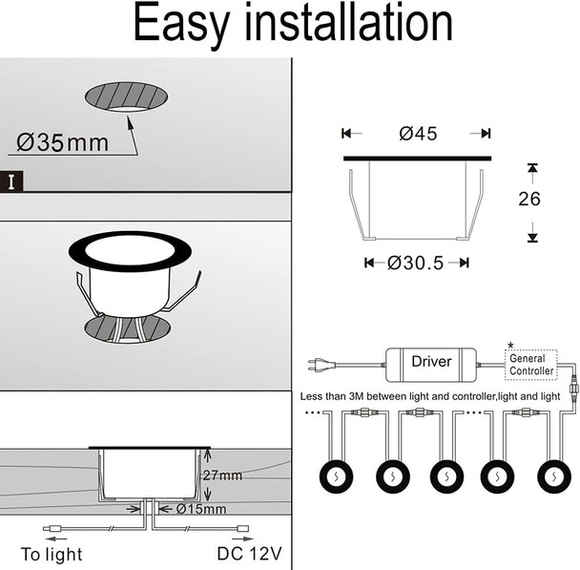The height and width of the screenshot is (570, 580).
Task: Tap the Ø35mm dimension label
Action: pos(63,144)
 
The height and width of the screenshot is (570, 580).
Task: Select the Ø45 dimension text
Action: pos(418,135)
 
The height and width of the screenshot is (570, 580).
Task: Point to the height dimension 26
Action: pos(529,199)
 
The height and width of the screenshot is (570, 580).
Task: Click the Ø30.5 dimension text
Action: pos(416,263)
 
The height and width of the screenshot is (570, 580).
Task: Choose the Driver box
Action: pos(431,363)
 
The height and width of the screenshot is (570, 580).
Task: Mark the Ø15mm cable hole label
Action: pos(201,509)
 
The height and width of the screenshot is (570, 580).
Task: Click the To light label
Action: pos(52,554)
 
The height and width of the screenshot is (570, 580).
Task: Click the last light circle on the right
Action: pos(553,475)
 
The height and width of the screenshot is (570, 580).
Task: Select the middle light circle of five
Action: pos(445,475)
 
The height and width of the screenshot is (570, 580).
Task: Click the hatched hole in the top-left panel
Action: pos(127,96)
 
